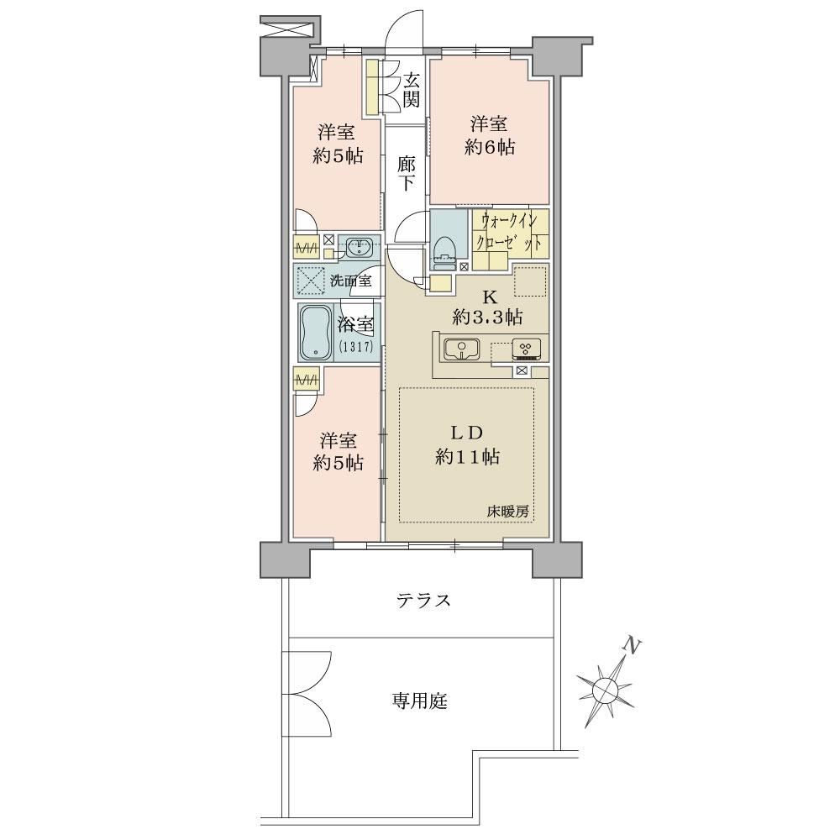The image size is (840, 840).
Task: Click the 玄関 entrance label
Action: pyautogui.click(x=411, y=90)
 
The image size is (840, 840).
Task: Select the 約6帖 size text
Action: pyautogui.click(x=490, y=146)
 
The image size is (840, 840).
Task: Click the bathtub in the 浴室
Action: pyautogui.click(x=318, y=332)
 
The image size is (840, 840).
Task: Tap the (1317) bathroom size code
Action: pyautogui.click(x=355, y=346)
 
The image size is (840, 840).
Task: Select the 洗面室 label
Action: pyautogui.click(x=351, y=281)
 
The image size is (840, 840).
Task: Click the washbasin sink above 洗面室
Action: pyautogui.click(x=359, y=248)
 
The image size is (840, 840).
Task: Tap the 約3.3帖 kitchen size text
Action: pyautogui.click(x=487, y=318)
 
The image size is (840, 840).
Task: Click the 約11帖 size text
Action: pyautogui.click(x=468, y=457)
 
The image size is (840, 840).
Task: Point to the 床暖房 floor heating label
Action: pyautogui.click(x=507, y=512)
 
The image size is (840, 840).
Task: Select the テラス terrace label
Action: pyautogui.click(x=423, y=601)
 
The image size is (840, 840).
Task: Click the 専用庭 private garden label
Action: pyautogui.click(x=419, y=701)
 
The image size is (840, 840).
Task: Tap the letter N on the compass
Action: pyautogui.click(x=633, y=647)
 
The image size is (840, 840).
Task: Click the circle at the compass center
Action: pyautogui.click(x=605, y=688)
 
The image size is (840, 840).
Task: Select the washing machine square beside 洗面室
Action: pyautogui.click(x=310, y=281)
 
